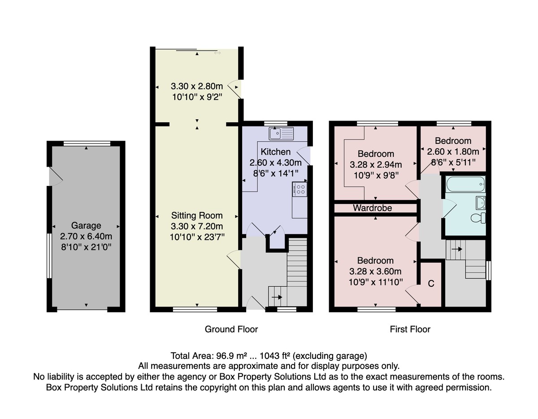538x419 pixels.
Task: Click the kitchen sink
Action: (x=281, y=134)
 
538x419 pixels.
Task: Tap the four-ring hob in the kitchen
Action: (x=300, y=189)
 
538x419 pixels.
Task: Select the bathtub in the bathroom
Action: (x=465, y=184)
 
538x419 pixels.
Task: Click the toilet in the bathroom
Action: (x=478, y=218)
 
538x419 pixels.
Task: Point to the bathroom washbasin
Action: (x=481, y=203)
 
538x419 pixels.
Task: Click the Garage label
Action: (x=86, y=225)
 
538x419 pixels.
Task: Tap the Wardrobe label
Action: (x=373, y=208)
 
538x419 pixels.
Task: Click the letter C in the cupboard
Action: (x=431, y=284)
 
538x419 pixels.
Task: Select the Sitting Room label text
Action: (x=197, y=216)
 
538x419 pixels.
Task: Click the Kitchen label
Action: (x=276, y=152)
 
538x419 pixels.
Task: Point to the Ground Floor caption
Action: (x=231, y=329)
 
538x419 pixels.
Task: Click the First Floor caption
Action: (x=410, y=329)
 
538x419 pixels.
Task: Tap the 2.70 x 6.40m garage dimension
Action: (x=86, y=236)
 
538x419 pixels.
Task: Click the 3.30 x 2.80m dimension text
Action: (x=197, y=86)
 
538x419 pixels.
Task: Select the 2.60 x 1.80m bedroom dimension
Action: (x=453, y=151)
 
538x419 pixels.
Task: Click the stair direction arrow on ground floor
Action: (x=277, y=297)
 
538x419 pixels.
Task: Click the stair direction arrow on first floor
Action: (x=457, y=249)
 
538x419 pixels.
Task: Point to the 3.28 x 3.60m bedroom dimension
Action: (x=375, y=272)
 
